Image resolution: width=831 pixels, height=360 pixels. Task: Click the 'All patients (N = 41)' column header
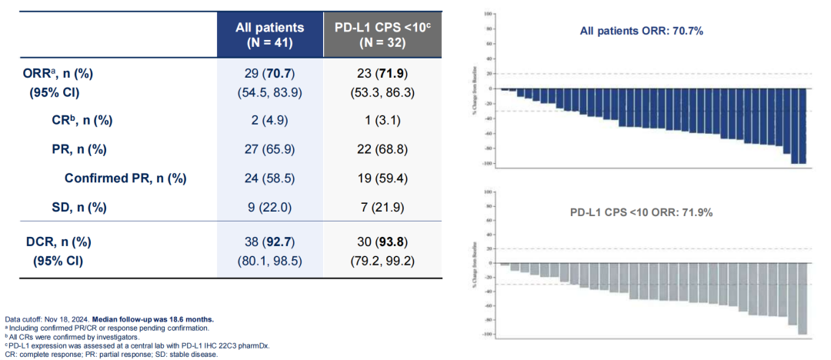pyautogui.click(x=269, y=35)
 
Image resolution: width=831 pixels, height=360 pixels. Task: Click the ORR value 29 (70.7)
pyautogui.click(x=269, y=74)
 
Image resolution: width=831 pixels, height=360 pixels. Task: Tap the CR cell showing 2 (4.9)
pyautogui.click(x=269, y=120)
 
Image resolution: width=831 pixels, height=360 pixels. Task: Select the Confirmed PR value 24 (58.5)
pyautogui.click(x=269, y=178)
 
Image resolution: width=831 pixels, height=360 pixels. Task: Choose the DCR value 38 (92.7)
pyautogui.click(x=269, y=242)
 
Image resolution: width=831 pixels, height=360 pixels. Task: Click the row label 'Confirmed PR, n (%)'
pyautogui.click(x=125, y=178)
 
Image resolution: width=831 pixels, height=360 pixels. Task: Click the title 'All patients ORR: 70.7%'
pyautogui.click(x=642, y=32)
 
